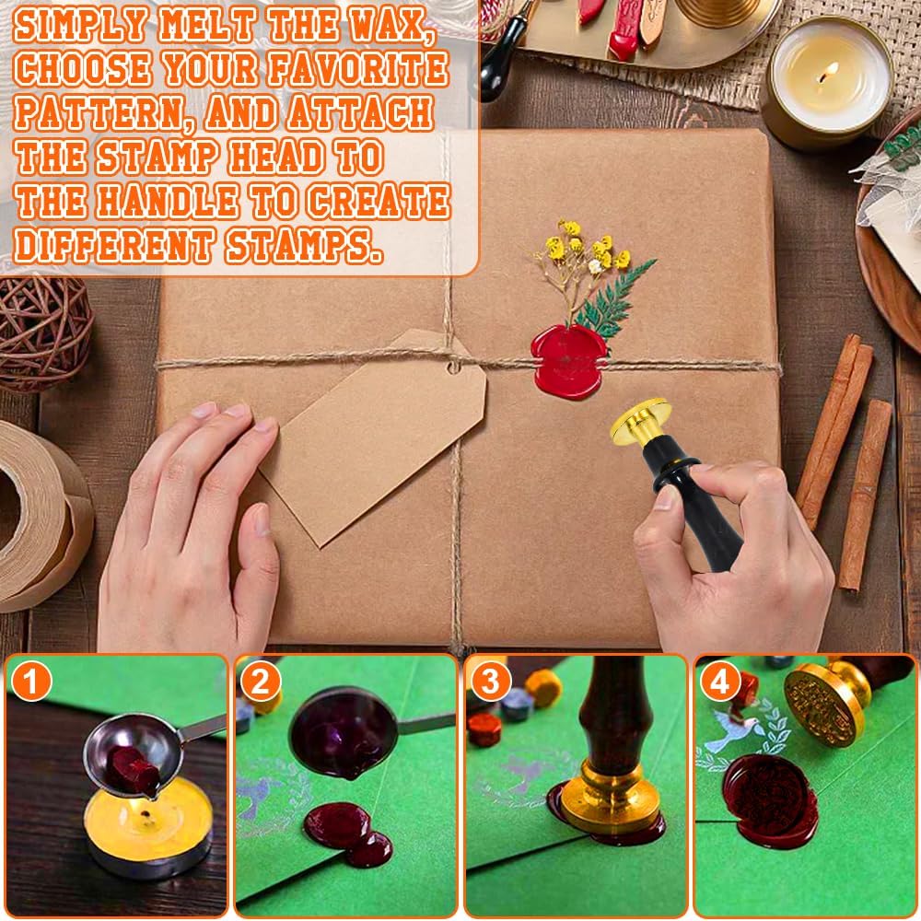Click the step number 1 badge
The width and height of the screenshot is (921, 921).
(33, 682)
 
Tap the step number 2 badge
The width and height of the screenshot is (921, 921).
(261, 682)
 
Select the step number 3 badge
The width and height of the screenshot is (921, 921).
(490, 682)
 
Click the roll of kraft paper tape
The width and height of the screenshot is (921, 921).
(41, 516)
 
